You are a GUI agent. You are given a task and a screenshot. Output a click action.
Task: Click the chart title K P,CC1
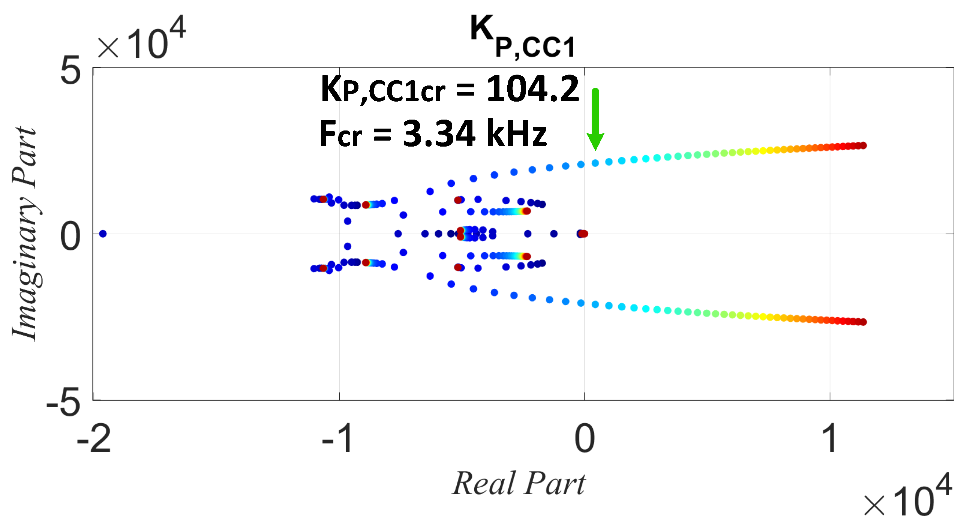point(522,37)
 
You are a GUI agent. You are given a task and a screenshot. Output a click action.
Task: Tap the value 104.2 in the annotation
point(532,89)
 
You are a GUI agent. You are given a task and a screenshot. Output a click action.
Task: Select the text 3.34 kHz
point(474,134)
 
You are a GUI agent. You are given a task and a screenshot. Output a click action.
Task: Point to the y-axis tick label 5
point(70,70)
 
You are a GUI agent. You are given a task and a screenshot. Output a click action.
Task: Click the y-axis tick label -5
point(64,403)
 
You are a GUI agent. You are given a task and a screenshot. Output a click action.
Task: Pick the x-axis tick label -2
point(94,439)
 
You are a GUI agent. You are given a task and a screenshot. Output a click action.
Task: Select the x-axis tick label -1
point(338,439)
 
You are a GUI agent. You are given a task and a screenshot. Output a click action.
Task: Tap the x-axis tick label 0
point(585,439)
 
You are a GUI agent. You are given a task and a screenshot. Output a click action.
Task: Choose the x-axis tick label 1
point(829,439)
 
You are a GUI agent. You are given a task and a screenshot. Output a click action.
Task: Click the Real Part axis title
point(519,484)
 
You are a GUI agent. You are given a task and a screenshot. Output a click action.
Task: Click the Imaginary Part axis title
point(25,234)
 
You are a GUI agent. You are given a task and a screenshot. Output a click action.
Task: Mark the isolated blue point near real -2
point(103,234)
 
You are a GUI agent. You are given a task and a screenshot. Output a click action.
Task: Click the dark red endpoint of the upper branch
point(863,145)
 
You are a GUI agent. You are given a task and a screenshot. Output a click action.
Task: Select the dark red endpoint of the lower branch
point(863,322)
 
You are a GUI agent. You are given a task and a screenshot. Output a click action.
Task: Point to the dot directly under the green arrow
point(595,163)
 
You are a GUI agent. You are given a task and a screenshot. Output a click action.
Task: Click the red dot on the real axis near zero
point(584,234)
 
